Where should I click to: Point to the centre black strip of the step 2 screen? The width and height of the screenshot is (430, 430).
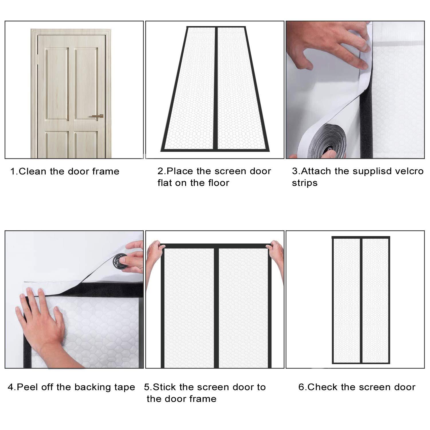tap(216, 88)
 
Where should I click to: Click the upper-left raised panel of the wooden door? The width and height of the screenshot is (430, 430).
tap(57, 84)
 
